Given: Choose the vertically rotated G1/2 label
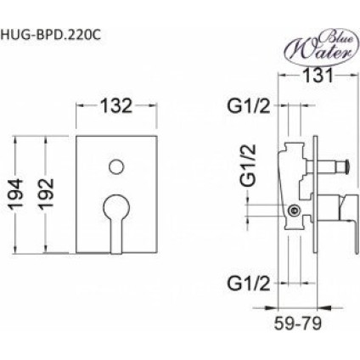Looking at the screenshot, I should pos(247,166).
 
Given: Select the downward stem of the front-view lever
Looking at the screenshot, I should pos(115,233).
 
